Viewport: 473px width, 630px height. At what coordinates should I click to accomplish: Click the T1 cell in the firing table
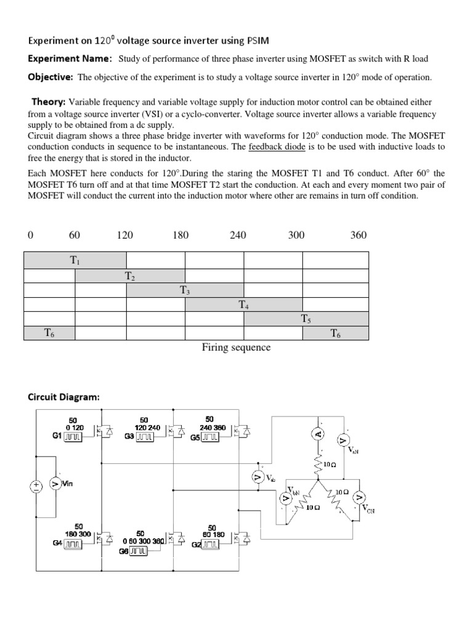point(75,261)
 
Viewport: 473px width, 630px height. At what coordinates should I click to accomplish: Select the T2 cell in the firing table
point(130,276)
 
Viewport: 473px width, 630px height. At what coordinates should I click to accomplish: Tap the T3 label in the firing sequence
point(185,290)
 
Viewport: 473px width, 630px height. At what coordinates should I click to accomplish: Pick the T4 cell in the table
point(244,304)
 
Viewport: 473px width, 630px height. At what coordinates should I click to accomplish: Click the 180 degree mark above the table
point(180,235)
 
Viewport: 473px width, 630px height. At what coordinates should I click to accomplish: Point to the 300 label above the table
point(296,235)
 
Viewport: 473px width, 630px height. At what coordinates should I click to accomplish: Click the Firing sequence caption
point(236,348)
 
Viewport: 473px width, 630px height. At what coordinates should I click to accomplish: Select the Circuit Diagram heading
point(63,397)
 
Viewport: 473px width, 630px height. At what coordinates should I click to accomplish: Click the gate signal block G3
point(145,437)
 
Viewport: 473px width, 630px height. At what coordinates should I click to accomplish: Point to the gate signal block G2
point(210,545)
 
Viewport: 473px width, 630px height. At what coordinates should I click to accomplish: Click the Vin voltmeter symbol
point(54,484)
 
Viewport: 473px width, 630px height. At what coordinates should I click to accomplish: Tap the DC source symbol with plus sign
point(36,485)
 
